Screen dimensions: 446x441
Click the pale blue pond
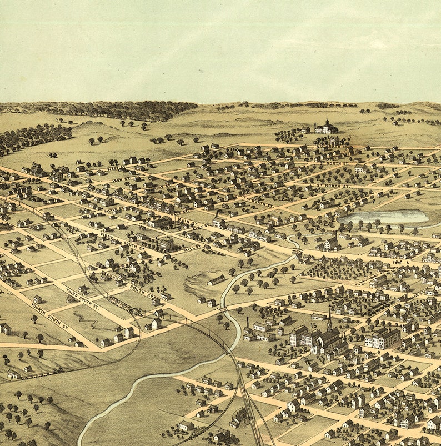383,217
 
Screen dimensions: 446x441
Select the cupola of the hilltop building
327,121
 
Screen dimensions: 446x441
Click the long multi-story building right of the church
382,338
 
